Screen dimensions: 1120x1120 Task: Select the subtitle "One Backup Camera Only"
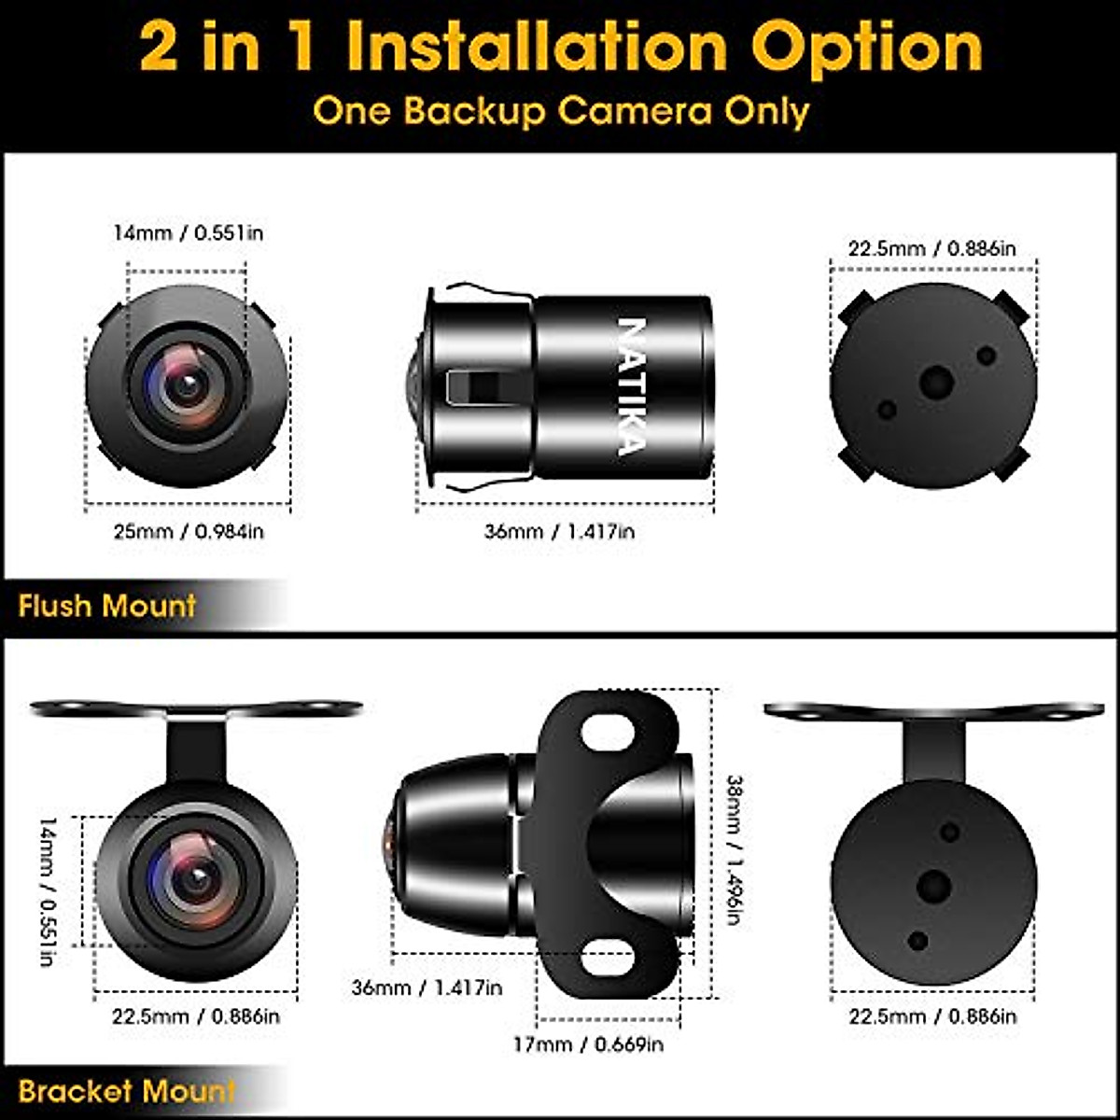[x=560, y=111]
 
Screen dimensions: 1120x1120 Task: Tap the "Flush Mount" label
[x=107, y=606]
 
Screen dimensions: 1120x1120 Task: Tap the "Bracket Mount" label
[x=127, y=1091]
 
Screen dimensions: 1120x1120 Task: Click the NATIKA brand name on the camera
[x=632, y=386]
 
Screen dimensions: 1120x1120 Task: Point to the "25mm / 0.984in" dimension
[x=189, y=531]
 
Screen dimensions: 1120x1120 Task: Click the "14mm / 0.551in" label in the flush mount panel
[x=189, y=232]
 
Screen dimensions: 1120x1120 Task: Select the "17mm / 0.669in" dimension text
[x=588, y=1043]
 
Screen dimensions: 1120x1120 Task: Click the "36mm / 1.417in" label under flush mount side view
[x=560, y=531]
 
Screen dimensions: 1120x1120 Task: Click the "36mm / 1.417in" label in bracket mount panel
[x=427, y=987]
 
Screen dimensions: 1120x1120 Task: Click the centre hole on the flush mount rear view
[x=936, y=382]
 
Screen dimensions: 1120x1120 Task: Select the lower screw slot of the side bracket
[x=609, y=958]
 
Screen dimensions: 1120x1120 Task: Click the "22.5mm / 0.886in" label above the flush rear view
[x=932, y=248]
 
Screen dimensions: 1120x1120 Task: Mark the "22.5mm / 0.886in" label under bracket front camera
[x=196, y=1016]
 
